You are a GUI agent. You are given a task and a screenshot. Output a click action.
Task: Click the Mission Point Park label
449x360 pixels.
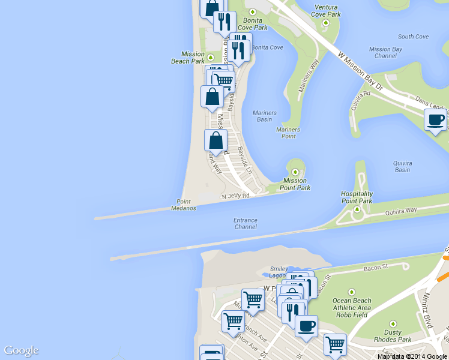pos(295,184)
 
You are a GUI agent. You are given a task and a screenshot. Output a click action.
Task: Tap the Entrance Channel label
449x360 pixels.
pos(246,224)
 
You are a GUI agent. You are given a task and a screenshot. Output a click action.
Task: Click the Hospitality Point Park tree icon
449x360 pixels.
pos(357,209)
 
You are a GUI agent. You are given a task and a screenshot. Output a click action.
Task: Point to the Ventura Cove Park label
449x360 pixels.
pos(327,11)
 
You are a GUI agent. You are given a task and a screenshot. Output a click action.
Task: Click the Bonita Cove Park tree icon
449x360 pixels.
pos(253,12)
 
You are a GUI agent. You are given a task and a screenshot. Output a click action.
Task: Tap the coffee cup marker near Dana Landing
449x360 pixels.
pos(435,119)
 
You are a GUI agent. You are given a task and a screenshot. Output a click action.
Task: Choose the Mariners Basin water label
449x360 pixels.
pos(264,116)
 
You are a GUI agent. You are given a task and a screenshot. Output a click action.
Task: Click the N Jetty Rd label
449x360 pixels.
pos(235,196)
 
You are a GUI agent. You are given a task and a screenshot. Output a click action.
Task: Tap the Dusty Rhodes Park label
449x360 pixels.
pos(397,336)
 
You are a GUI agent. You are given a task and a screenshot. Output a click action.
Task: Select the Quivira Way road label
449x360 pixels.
pos(402,211)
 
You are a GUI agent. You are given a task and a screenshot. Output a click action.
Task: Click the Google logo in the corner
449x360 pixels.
pos(21,350)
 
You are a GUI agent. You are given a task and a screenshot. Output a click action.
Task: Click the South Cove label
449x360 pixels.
pos(413,37)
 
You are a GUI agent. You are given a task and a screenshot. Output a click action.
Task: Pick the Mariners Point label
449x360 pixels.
pos(288,133)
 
